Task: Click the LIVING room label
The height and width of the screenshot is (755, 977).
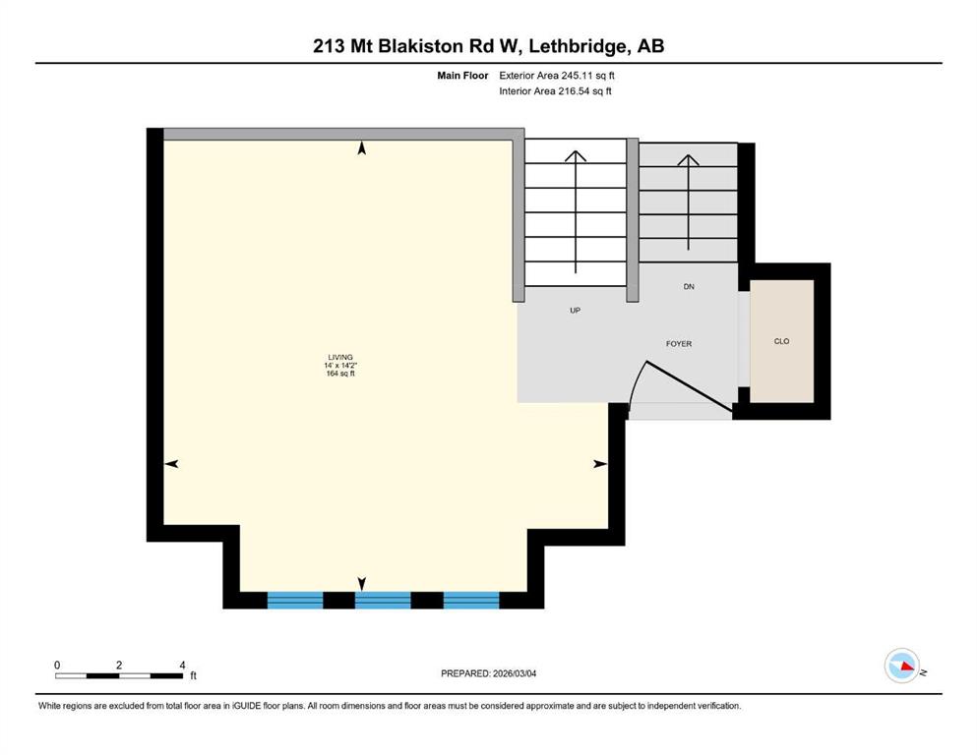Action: tap(340, 357)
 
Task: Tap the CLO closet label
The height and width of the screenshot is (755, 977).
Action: tap(781, 341)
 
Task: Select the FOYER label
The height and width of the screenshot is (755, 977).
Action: tap(679, 343)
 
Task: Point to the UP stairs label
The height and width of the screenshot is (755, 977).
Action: tap(576, 310)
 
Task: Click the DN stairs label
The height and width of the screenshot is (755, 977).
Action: tap(689, 286)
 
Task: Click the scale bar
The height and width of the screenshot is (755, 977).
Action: tap(119, 675)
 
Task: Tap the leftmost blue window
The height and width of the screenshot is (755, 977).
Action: tap(295, 600)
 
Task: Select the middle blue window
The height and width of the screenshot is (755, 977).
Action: tap(383, 600)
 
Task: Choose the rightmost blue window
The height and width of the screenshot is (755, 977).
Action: tap(471, 600)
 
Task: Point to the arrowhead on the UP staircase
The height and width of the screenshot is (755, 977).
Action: tap(576, 155)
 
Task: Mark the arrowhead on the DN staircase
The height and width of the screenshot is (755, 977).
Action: tap(688, 160)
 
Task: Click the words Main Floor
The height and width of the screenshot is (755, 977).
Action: tap(462, 76)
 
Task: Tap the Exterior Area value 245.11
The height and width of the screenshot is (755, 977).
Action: tap(576, 76)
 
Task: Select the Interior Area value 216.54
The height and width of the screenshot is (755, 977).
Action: tap(573, 90)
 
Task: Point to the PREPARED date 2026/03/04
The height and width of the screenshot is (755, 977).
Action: tap(515, 673)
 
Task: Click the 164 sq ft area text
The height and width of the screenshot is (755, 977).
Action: tap(340, 374)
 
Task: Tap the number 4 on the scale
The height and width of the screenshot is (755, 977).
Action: tap(183, 665)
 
